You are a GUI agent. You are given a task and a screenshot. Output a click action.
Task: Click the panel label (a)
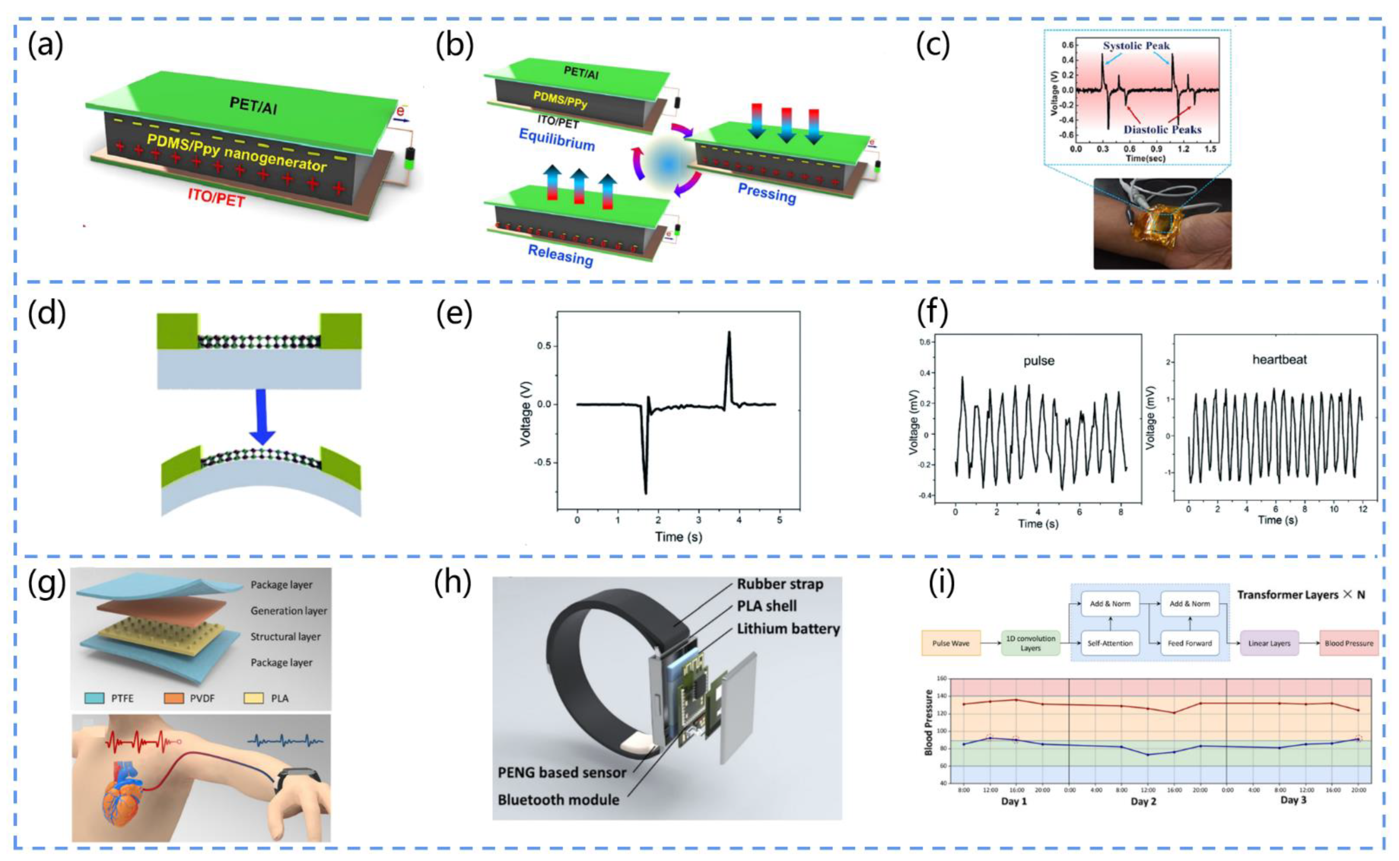pos(46,46)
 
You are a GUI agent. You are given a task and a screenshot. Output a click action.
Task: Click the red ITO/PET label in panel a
pos(216,198)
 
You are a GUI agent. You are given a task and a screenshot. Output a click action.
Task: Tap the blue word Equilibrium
pos(556,138)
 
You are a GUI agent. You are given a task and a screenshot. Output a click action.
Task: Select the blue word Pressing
pos(766,194)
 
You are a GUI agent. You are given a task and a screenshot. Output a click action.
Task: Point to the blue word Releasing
pos(560,255)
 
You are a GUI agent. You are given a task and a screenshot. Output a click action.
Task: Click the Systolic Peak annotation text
pos(1136,46)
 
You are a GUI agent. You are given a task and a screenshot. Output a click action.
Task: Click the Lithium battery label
pos(788,629)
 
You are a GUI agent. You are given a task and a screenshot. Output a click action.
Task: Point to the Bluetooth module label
pos(558,799)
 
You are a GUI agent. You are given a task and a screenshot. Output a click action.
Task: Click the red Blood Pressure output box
pos(1348,644)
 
